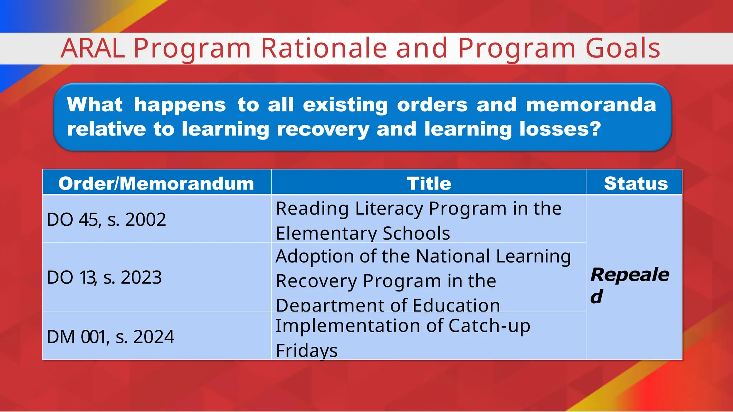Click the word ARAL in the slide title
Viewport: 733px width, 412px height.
[93, 48]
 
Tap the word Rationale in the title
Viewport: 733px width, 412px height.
[324, 48]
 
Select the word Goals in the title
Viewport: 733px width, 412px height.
[623, 48]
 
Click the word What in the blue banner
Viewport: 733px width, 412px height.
[95, 105]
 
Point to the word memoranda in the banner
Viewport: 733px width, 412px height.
[591, 105]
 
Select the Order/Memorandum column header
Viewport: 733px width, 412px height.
[156, 183]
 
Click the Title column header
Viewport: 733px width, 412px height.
[429, 183]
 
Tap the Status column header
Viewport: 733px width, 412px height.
[636, 183]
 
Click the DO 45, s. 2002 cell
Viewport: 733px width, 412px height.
[106, 220]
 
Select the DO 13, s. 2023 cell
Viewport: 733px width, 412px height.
[104, 278]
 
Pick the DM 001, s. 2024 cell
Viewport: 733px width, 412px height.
[110, 337]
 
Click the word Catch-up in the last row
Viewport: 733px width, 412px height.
[489, 326]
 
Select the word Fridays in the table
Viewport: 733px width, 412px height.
[307, 350]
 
